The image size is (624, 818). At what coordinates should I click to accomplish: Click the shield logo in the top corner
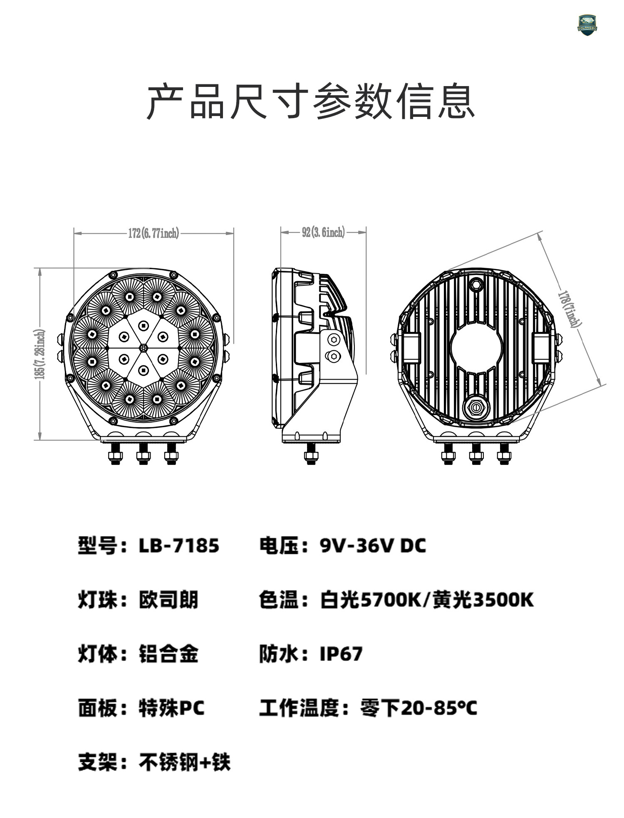(587, 25)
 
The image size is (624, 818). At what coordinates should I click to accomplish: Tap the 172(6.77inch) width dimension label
(154, 233)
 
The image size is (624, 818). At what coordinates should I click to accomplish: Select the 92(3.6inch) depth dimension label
(323, 232)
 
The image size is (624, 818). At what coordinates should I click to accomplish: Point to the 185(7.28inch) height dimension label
(40, 354)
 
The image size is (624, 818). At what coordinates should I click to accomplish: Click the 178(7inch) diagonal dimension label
(570, 309)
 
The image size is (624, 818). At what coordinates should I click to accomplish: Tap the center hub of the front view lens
(143, 347)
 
